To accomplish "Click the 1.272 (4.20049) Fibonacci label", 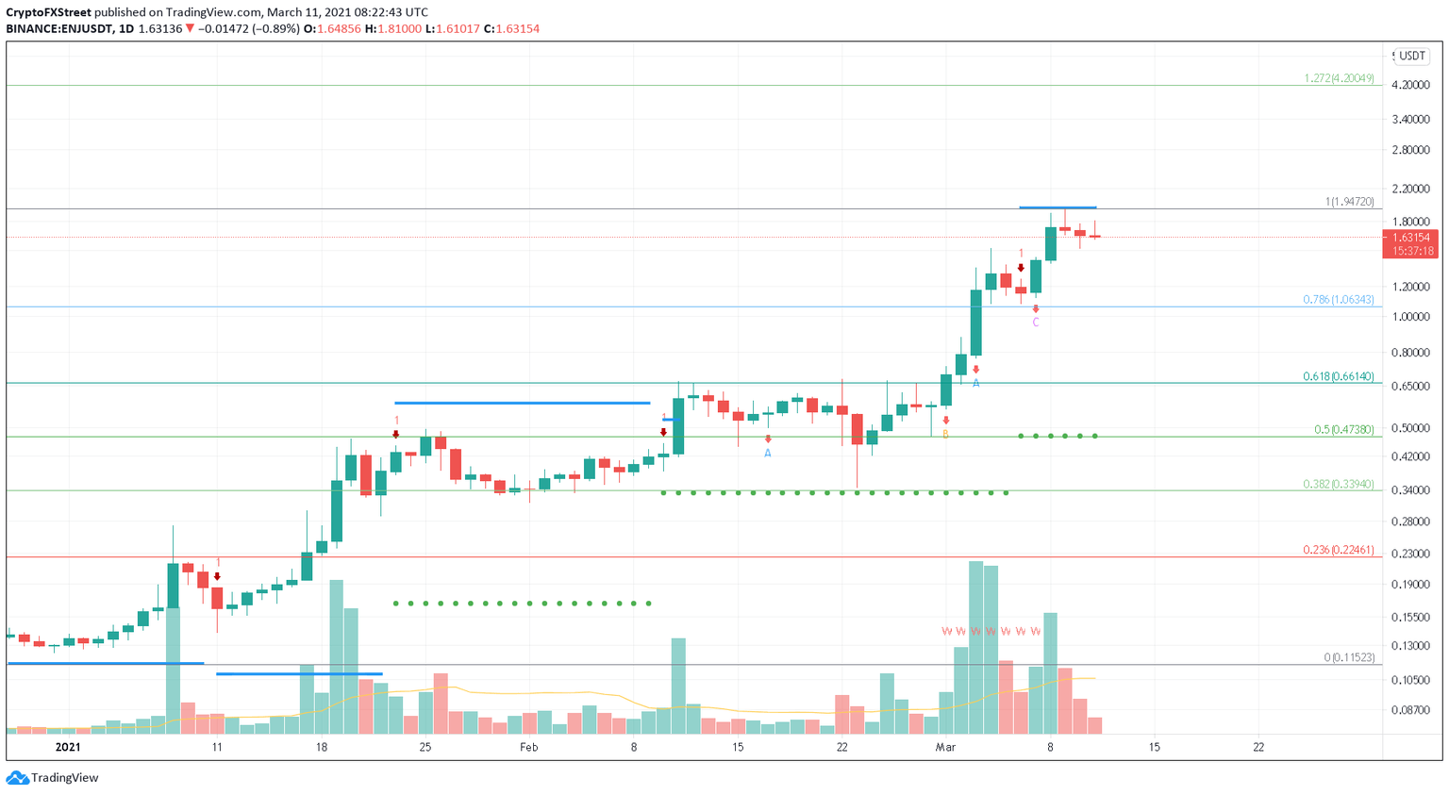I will [x=1339, y=78].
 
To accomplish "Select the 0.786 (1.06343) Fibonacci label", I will [x=1338, y=300].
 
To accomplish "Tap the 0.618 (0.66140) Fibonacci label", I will [x=1338, y=376].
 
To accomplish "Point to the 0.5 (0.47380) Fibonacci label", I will [x=1343, y=429].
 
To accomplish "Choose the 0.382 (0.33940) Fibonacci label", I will [x=1338, y=484].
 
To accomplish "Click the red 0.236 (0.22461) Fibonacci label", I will [x=1338, y=550].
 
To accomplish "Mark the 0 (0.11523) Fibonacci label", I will [x=1348, y=657].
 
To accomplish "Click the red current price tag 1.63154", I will [x=1411, y=238].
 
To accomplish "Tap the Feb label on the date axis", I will [x=528, y=747].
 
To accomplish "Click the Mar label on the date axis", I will [x=945, y=747].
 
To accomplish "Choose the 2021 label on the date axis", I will [x=68, y=747].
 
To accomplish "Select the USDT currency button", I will [x=1411, y=56].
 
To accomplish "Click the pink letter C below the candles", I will [x=1035, y=323].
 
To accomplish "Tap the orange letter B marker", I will [x=945, y=435].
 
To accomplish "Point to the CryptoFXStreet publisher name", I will [x=48, y=12].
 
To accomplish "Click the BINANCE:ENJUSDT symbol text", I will [x=57, y=28].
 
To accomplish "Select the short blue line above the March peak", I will [x=1058, y=207].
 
